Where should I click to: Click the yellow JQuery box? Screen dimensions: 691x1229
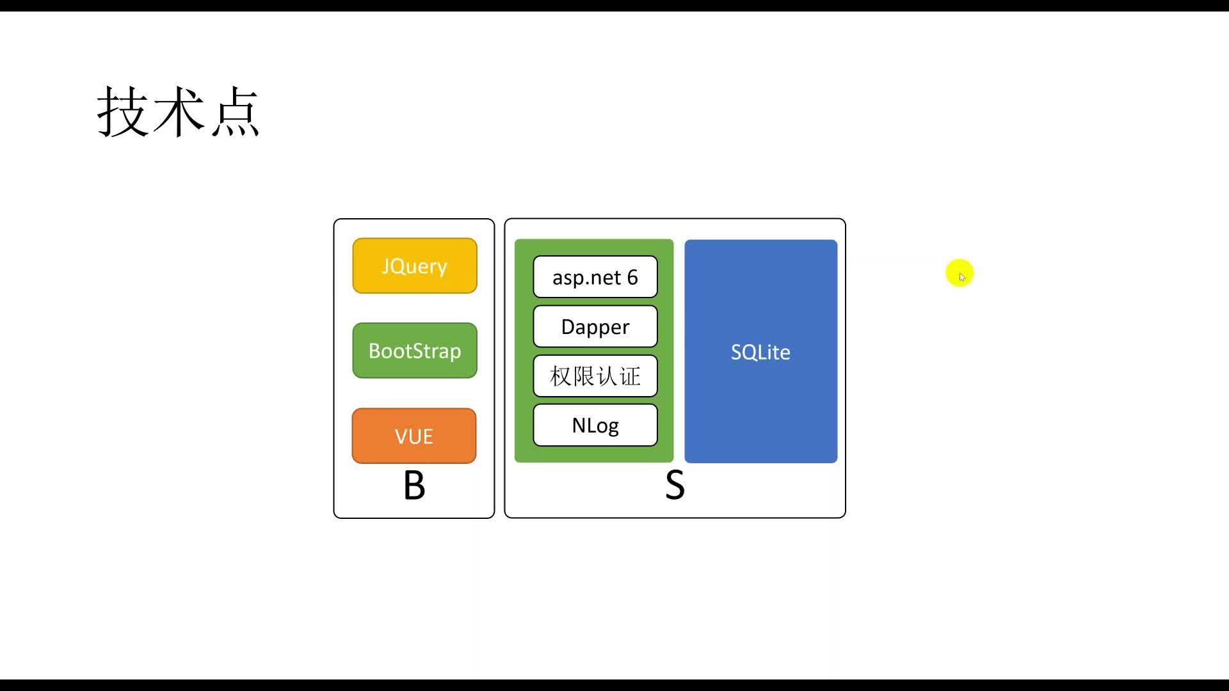pos(415,266)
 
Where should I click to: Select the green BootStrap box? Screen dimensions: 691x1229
pos(415,351)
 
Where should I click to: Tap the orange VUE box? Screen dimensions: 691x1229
pos(414,436)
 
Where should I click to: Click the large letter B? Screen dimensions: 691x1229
pos(414,486)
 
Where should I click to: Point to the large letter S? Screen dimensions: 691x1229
pos(675,486)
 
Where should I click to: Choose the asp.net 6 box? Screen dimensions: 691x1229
pos(595,277)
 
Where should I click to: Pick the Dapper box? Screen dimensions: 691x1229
pos(595,326)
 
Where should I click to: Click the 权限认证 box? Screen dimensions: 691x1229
pos(595,376)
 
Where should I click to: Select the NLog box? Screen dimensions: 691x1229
pos(595,425)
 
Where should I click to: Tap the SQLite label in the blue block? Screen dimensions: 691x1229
pos(760,352)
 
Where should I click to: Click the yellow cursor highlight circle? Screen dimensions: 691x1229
pos(960,273)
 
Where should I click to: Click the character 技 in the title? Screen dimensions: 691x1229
pos(124,112)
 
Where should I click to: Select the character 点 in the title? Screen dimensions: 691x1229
pos(235,113)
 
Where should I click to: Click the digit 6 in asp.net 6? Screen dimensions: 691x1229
pos(632,277)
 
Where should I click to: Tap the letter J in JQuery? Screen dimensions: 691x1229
pos(385,266)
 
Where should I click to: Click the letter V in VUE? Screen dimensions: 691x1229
pos(401,436)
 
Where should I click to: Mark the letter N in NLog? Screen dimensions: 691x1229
pos(579,425)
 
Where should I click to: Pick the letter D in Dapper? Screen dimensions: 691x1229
pos(568,326)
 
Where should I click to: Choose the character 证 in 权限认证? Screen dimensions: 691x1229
pos(630,376)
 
